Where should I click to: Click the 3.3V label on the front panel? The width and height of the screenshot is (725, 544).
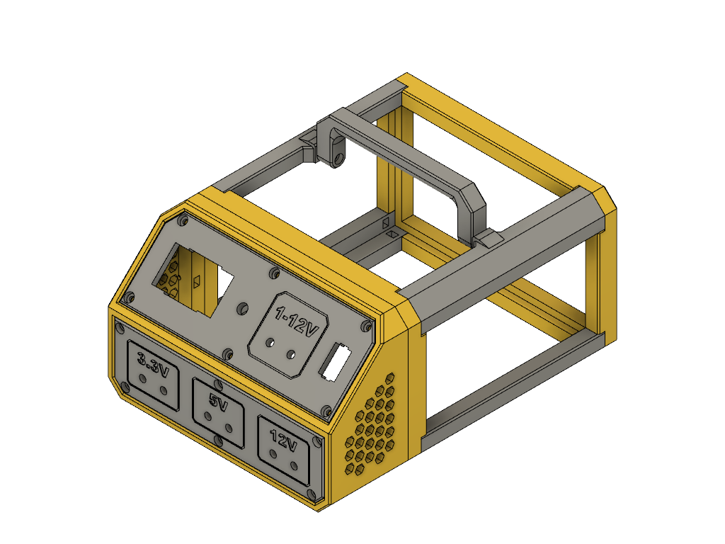point(153,363)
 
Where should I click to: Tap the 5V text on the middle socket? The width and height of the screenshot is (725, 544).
point(219,402)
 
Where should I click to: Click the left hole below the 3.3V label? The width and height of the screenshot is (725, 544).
point(143,380)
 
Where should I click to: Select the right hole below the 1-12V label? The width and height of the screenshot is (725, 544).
point(291,355)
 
